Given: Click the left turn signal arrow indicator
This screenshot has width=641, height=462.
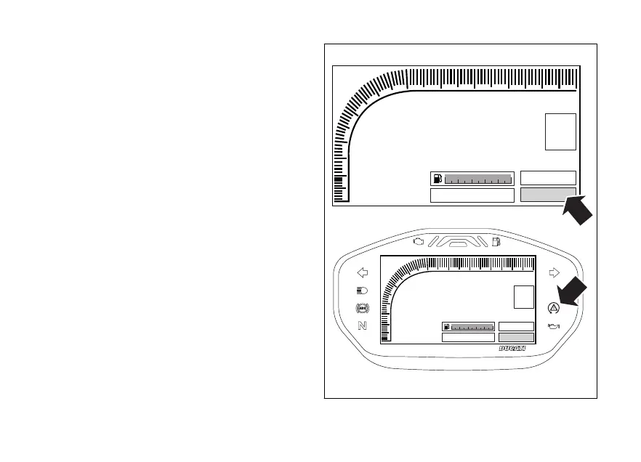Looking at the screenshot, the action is pyautogui.click(x=363, y=273).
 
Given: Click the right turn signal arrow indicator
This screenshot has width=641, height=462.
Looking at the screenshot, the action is pyautogui.click(x=555, y=273).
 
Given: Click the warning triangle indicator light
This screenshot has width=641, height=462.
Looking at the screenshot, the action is pyautogui.click(x=555, y=308).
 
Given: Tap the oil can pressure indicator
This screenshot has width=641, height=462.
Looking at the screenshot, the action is pyautogui.click(x=555, y=326).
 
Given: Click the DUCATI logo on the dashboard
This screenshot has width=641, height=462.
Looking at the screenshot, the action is pyautogui.click(x=512, y=349).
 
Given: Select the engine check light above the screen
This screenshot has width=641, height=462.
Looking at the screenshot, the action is pyautogui.click(x=418, y=240).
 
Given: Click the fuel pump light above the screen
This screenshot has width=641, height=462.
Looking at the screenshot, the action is pyautogui.click(x=495, y=240).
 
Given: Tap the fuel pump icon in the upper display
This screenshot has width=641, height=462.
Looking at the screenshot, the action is pyautogui.click(x=437, y=179).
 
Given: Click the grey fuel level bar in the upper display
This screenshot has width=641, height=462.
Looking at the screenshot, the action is pyautogui.click(x=478, y=179).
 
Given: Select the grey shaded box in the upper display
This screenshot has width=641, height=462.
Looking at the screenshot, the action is pyautogui.click(x=549, y=194).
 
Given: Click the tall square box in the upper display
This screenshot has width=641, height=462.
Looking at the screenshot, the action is pyautogui.click(x=560, y=131).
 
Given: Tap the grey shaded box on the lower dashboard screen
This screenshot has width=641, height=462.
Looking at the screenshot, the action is pyautogui.click(x=517, y=337).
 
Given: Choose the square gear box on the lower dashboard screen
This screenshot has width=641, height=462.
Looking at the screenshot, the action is pyautogui.click(x=523, y=297).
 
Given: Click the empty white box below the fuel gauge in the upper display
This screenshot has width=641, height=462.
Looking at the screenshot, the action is pyautogui.click(x=472, y=195).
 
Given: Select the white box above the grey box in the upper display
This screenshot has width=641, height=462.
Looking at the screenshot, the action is pyautogui.click(x=549, y=178).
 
